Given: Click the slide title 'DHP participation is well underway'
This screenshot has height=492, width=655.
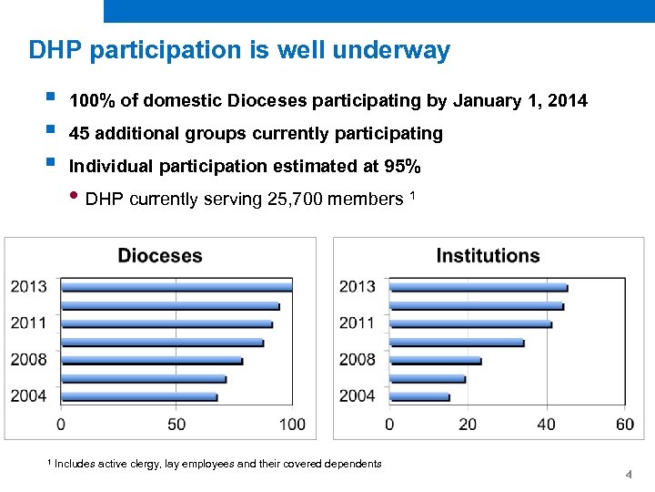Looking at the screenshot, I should [x=239, y=49].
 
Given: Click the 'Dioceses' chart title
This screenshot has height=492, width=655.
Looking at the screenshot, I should [x=160, y=256].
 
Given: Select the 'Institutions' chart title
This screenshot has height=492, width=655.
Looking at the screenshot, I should [x=488, y=256].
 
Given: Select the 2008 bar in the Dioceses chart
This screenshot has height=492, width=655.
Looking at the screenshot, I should [x=152, y=361].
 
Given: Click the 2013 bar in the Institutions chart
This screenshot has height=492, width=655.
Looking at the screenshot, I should [x=479, y=287].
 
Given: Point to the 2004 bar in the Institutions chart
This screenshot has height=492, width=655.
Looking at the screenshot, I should [x=419, y=397].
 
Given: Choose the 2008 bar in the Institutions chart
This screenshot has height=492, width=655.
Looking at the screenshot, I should [x=435, y=361].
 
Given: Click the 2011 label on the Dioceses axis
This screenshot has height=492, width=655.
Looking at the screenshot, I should [x=29, y=323].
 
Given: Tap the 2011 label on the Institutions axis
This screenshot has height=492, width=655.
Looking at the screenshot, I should [x=358, y=323].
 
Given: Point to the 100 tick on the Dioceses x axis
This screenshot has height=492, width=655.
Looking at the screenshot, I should [x=292, y=425].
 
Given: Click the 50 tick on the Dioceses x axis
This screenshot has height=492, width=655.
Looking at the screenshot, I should [x=176, y=425].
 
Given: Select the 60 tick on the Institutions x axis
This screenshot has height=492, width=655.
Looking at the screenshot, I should [x=625, y=425].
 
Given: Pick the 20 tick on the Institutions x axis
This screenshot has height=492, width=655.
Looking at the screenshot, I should [x=468, y=425].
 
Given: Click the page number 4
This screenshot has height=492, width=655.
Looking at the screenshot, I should [x=629, y=476].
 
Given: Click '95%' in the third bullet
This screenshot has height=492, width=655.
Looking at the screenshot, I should [x=401, y=166].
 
